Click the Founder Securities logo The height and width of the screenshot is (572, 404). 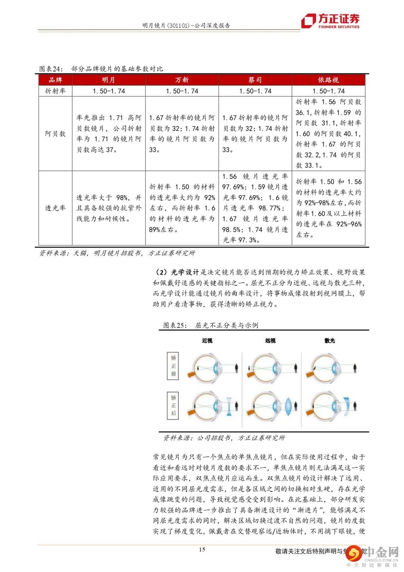tap(331, 21)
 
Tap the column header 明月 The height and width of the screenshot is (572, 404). tap(108, 80)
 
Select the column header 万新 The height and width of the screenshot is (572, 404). tap(182, 80)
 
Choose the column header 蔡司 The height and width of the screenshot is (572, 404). tap(255, 80)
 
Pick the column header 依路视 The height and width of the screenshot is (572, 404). tap(328, 80)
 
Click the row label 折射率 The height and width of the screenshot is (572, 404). tap(55, 91)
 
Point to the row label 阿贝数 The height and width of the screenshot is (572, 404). tap(55, 134)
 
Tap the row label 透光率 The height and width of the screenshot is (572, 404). tap(55, 208)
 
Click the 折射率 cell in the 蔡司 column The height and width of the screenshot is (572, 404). tap(255, 91)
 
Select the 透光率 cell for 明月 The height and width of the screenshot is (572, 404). tap(108, 208)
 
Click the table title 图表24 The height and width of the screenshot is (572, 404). tap(101, 69)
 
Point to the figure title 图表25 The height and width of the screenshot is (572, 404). tap(211, 325)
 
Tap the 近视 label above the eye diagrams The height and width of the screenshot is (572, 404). tap(207, 341)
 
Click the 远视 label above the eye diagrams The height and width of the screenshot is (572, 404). tap(270, 341)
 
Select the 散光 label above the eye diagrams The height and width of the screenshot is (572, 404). tap(330, 341)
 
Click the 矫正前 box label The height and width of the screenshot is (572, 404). tap(173, 366)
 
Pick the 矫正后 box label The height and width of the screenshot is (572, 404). tap(173, 405)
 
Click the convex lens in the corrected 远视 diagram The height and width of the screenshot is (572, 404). tap(288, 406)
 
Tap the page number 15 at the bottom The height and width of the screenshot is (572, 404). tap(202, 550)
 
